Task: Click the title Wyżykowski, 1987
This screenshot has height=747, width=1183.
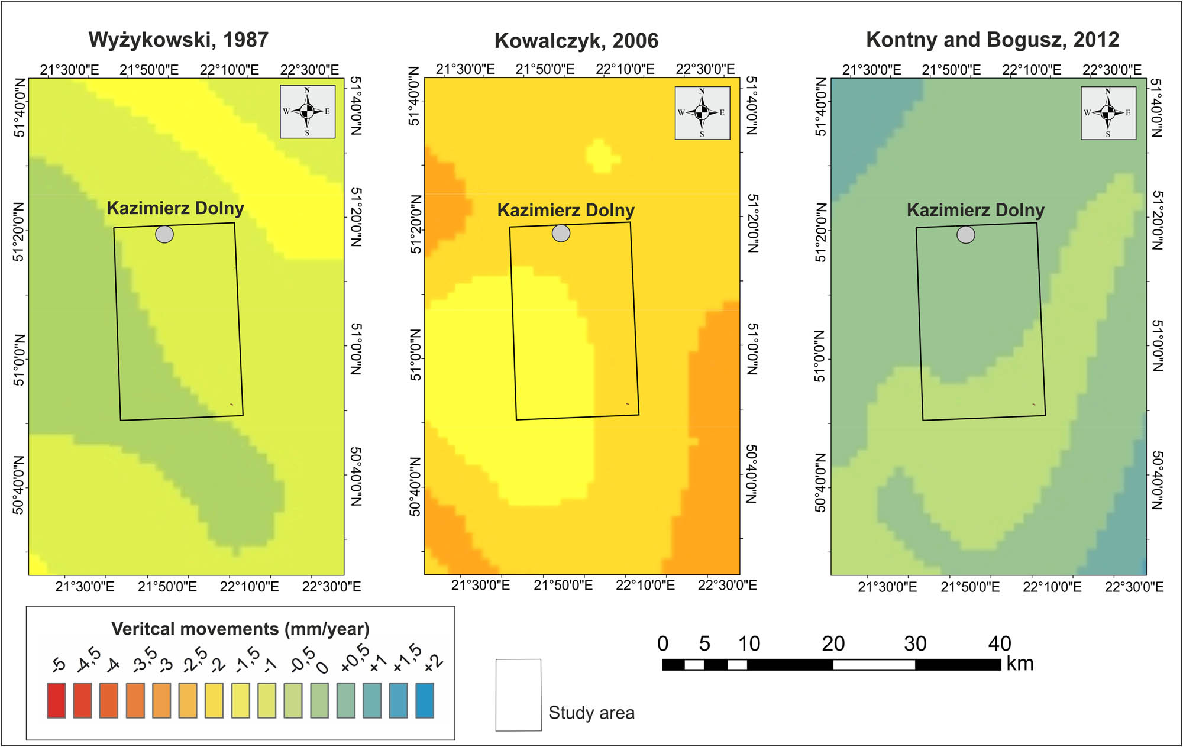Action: (178, 40)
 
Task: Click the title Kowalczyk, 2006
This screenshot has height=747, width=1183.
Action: (576, 41)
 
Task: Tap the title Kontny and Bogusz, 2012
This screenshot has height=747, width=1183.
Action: (992, 40)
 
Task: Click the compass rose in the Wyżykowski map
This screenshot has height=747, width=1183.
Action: (307, 111)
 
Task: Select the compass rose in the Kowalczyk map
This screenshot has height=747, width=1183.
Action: (702, 112)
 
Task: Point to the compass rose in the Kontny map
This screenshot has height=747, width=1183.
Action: (1108, 112)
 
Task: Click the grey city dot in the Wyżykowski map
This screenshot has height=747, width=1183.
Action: (164, 234)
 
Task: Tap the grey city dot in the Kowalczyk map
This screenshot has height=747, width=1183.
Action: (561, 233)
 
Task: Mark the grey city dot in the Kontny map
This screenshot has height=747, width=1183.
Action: (966, 235)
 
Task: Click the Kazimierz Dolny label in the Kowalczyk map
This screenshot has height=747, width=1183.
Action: (565, 210)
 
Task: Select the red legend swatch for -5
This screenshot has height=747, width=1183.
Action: (56, 700)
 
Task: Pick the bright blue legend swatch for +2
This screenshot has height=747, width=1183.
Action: (425, 700)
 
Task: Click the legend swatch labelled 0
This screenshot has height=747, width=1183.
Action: (319, 700)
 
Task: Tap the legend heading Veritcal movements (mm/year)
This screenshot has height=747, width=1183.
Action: (240, 629)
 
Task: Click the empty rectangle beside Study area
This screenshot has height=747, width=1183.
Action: (518, 695)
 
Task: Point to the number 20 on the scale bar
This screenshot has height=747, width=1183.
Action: (833, 643)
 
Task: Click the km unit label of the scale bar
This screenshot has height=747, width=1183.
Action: (1020, 664)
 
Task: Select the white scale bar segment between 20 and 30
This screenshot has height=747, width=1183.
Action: (874, 665)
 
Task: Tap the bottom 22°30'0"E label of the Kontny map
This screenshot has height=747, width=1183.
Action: (1134, 587)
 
